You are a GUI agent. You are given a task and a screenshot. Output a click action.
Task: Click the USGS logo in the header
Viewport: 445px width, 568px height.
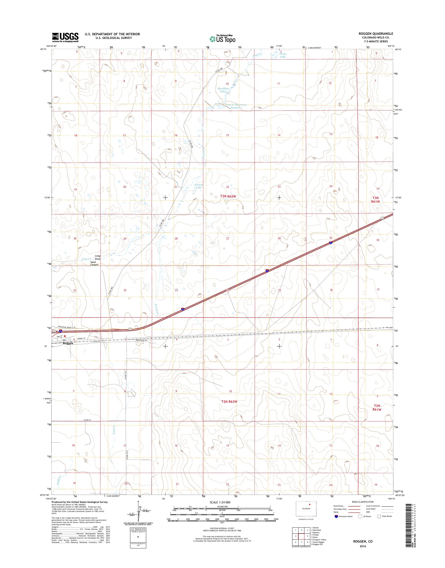point(65,37)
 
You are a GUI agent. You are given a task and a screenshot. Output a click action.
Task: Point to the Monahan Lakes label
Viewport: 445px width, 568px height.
point(223,90)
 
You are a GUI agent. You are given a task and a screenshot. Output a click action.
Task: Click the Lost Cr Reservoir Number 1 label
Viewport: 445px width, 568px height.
point(236,106)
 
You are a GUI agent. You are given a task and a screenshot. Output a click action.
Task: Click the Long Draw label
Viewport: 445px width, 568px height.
point(98,257)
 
